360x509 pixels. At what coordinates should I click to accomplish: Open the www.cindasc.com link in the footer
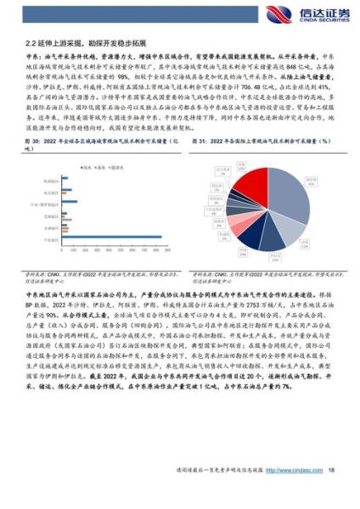292,494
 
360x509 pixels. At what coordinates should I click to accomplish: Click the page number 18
332,494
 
